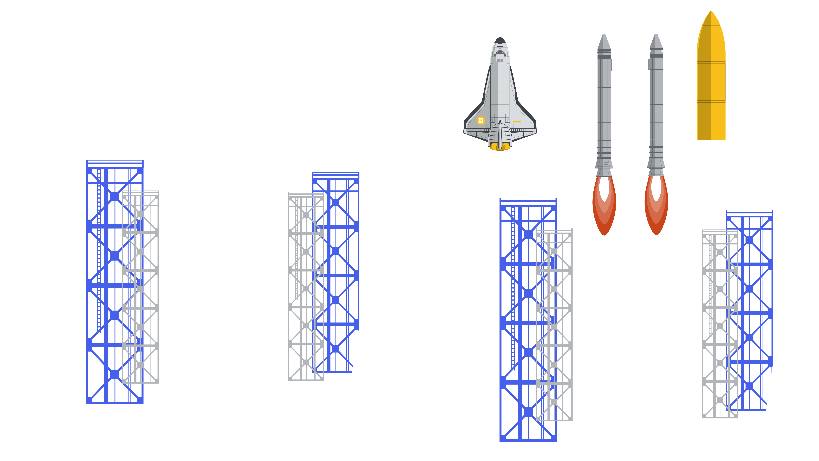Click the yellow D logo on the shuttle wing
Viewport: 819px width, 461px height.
click(480, 120)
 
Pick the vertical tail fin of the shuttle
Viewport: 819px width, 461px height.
click(500, 134)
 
